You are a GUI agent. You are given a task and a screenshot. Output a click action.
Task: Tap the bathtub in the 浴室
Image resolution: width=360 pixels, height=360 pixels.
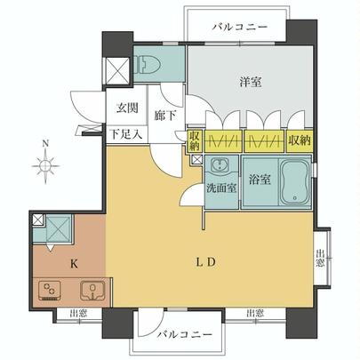click(x=295, y=182)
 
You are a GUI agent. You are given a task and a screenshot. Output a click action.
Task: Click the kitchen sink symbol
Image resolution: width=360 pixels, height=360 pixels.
click(x=92, y=290)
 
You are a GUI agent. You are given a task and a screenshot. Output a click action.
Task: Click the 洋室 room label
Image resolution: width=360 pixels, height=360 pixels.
click(x=251, y=82)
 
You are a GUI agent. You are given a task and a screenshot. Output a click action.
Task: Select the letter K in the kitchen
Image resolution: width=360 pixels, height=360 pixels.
click(x=74, y=263)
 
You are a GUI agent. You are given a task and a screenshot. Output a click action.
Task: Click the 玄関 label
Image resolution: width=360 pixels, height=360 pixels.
click(x=127, y=108)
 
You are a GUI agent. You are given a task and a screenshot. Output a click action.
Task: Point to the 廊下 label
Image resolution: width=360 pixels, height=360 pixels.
click(x=165, y=116)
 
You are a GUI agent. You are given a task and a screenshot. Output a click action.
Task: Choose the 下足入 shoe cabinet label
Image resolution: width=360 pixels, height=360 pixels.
click(x=127, y=135)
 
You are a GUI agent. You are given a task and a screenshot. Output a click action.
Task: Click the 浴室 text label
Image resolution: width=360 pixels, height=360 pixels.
click(x=260, y=180)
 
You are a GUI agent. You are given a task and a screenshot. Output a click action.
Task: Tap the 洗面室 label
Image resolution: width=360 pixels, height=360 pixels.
click(x=221, y=188)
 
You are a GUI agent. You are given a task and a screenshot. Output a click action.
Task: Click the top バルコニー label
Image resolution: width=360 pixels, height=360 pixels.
click(x=240, y=28)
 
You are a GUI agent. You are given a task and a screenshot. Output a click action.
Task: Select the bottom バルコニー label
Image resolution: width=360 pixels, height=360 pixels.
click(x=184, y=335)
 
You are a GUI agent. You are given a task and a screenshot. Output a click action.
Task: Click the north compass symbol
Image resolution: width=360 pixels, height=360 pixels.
click(x=45, y=164)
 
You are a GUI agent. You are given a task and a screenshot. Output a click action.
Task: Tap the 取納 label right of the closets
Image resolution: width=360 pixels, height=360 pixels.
click(x=300, y=140)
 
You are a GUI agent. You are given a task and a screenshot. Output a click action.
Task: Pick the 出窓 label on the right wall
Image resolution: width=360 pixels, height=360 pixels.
click(x=320, y=258)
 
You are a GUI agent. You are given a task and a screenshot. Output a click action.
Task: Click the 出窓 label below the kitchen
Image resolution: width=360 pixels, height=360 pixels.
click(x=79, y=313)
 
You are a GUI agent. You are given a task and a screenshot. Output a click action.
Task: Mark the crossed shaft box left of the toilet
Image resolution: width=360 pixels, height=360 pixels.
click(x=117, y=69)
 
